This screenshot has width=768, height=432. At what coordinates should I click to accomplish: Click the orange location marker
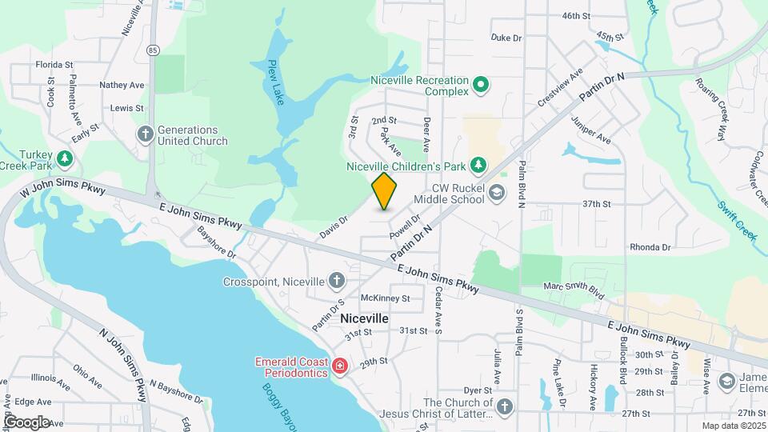pos(385,190)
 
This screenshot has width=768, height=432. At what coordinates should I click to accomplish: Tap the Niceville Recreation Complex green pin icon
pos(480,84)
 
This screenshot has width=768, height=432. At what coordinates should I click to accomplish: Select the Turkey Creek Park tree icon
pos(64,158)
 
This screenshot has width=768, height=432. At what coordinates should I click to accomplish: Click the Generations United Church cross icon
pos(145,134)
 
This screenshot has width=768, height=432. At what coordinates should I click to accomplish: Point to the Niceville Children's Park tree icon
pos(478,166)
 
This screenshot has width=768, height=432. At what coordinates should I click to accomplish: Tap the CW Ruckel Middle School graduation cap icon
pos(496,193)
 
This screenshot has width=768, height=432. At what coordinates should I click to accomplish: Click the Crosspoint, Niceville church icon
pos(337,281)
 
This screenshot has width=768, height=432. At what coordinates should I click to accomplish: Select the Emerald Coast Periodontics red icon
pos(340,366)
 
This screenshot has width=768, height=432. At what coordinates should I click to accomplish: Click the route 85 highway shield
pos(154,50)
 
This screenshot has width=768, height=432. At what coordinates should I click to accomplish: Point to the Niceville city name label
pos(364,318)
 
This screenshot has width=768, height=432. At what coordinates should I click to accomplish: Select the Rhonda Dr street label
pos(650,248)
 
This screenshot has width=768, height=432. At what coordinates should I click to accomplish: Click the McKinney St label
pos(385,298)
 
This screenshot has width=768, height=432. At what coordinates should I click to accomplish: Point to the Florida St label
pos(54,65)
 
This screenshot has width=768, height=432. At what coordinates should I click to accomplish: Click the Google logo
pos(26,422)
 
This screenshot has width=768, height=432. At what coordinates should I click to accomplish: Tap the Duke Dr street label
pos(506,38)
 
